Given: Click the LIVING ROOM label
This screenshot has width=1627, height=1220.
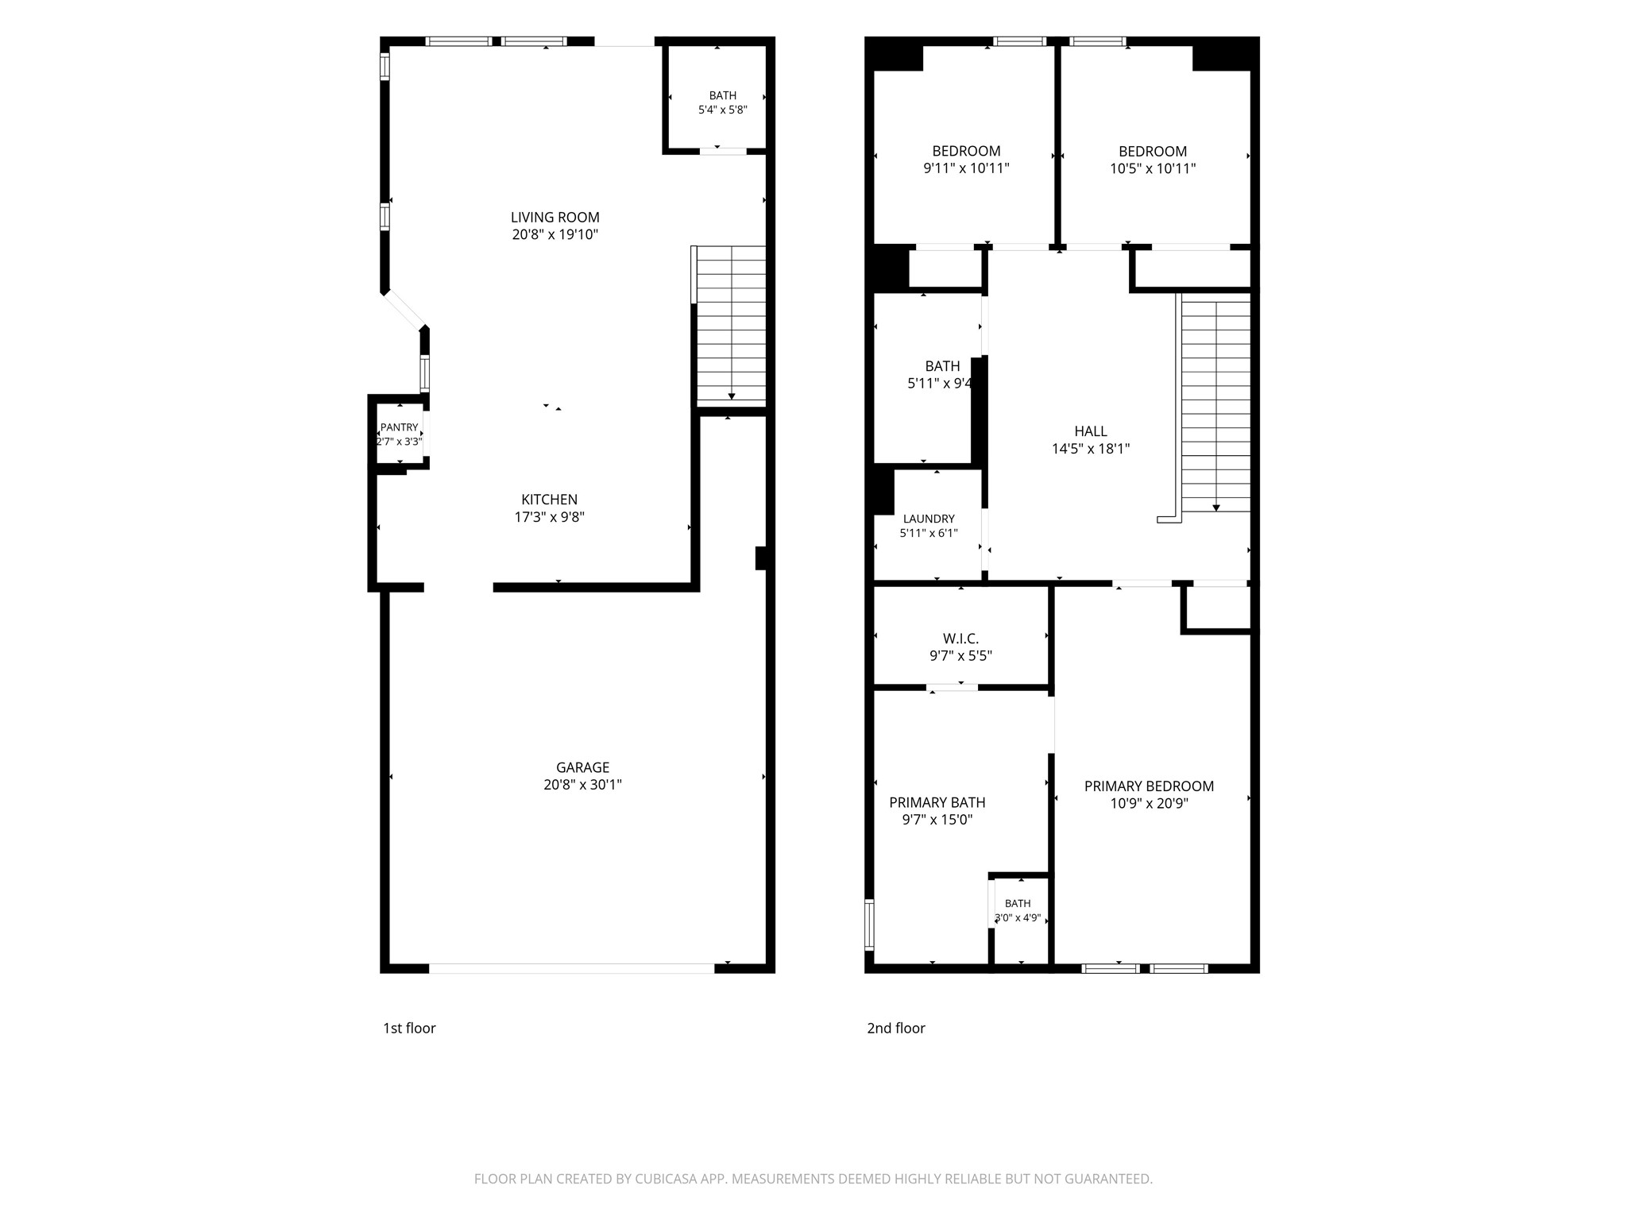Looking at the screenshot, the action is [555, 218].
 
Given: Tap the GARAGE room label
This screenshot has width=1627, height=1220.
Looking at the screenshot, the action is [582, 767].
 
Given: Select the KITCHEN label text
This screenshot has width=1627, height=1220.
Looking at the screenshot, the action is [549, 500].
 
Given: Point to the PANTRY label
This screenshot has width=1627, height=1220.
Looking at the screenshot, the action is [399, 427].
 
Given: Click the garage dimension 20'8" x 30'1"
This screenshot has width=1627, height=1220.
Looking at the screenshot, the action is [582, 785].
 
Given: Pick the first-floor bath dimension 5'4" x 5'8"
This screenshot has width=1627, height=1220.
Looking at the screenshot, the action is [722, 110].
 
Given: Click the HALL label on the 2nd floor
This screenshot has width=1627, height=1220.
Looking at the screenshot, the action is [1091, 431].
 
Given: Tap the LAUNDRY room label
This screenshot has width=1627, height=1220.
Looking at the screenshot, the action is [929, 519].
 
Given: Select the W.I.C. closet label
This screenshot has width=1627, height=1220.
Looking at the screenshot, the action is [960, 639].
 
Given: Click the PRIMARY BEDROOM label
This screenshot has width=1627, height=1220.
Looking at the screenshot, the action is [1149, 786].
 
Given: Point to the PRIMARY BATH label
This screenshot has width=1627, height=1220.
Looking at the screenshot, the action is [937, 802].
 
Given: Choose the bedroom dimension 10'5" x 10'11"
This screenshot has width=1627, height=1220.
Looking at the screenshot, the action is [1153, 168].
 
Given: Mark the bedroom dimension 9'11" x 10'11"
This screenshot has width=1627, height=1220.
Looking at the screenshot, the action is [966, 168].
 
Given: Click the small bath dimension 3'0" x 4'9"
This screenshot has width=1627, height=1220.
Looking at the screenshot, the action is [1018, 918].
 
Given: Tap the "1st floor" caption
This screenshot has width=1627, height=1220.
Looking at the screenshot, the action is [409, 1028].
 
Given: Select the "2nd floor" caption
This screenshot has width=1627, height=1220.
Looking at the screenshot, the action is [896, 1028].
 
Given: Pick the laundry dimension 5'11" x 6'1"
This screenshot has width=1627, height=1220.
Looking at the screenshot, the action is [929, 534].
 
